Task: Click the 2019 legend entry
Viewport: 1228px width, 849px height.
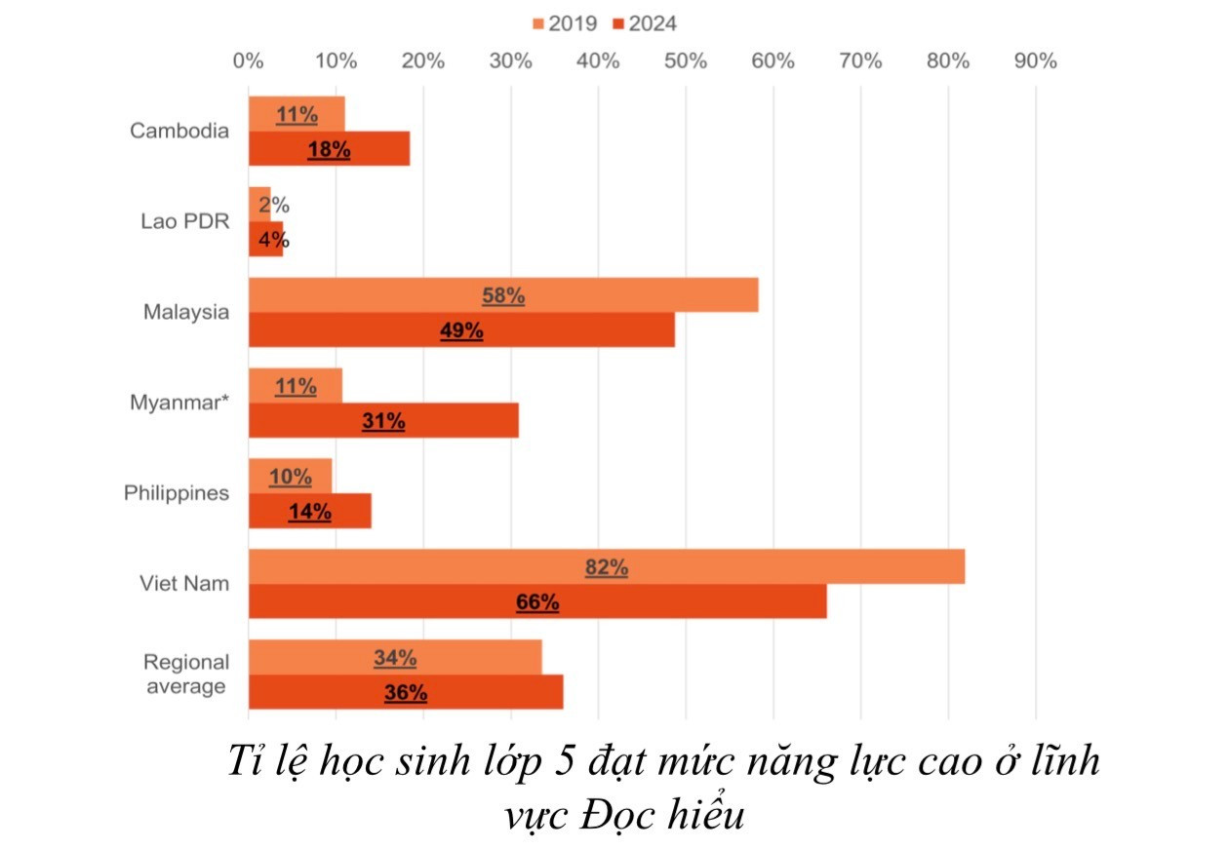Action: (x=565, y=23)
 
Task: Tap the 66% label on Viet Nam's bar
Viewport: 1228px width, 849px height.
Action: (x=537, y=602)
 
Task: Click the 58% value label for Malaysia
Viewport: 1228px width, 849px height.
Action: (x=503, y=295)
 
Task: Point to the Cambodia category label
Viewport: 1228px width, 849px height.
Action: (x=180, y=131)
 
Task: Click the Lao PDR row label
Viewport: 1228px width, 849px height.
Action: (x=184, y=221)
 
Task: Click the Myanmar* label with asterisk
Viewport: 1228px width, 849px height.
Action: (x=180, y=403)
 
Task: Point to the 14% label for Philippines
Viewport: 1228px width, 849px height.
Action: (x=309, y=512)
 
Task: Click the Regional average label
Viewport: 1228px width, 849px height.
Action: (x=186, y=674)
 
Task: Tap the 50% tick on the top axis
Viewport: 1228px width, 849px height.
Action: (x=685, y=60)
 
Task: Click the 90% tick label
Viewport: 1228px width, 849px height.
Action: (x=1035, y=60)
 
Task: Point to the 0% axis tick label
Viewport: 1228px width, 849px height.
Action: (x=249, y=60)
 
